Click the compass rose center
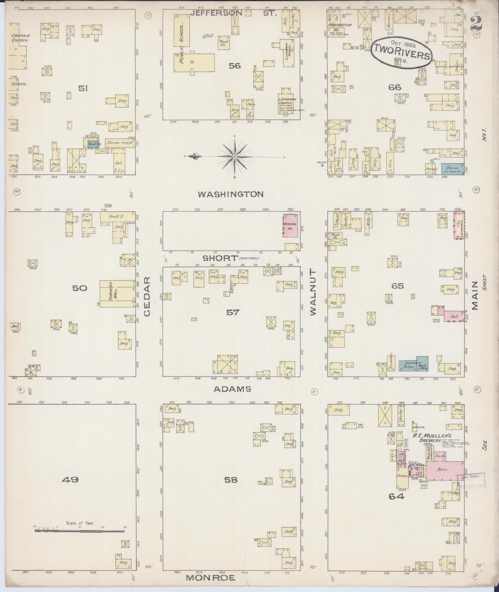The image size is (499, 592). pos(235,157)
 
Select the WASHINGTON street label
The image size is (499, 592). pos(231,194)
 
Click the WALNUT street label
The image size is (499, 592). pos(313,292)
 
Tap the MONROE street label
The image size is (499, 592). pos(211,577)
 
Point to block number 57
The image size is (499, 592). pos(233,313)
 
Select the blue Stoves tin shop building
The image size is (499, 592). pos(452,169)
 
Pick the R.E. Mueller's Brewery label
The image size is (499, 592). pos(426,438)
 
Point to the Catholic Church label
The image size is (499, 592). pos(20,38)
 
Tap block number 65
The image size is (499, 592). pos(397,286)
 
